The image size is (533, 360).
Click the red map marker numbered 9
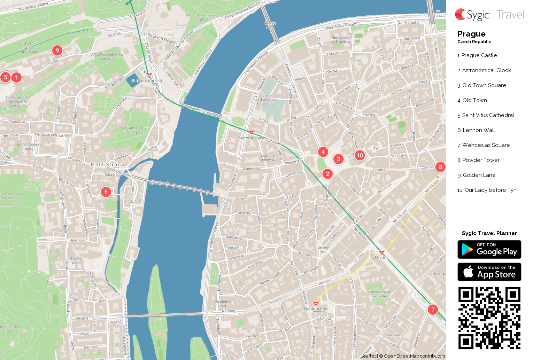click(x=57, y=50)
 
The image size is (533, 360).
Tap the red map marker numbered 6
click(x=106, y=192)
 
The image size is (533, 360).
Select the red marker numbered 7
click(x=433, y=310)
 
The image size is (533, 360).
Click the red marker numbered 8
click(x=440, y=167)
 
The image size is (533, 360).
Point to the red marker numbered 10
click(x=360, y=155)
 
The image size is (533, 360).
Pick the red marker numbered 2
click(x=327, y=174)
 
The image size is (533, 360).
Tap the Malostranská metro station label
click(x=149, y=80)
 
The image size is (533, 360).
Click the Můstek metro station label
click(x=382, y=258)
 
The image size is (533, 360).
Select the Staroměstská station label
click(x=251, y=138)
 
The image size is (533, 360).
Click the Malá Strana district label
click(x=107, y=164)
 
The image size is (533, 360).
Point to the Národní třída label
click(x=316, y=309)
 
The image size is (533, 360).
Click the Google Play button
click(x=489, y=249)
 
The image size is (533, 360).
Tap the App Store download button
click(x=489, y=272)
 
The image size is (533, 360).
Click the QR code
click(x=489, y=318)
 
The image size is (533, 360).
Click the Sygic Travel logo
click(x=489, y=15)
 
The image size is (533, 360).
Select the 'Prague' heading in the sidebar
click(x=471, y=34)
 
